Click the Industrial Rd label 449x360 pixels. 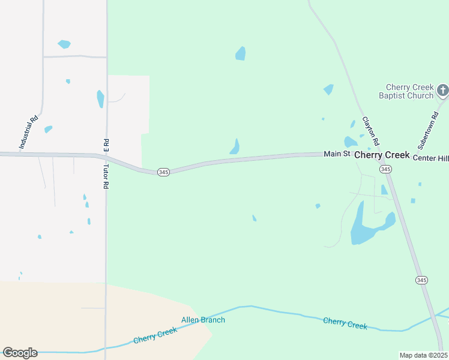tap(29, 132)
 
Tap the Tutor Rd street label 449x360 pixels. tap(106, 177)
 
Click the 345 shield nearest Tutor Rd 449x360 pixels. tap(164, 172)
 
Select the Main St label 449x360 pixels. tap(337, 154)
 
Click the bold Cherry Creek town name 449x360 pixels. tap(382, 155)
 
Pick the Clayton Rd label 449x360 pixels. tap(370, 131)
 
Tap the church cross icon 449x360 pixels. tap(443, 91)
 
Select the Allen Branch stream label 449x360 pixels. tap(203, 320)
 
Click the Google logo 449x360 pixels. tap(20, 352)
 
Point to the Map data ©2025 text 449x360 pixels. tap(423, 355)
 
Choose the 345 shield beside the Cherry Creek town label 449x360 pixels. tap(385, 170)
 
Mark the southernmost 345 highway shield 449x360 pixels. tap(421, 280)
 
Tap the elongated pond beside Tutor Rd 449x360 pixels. tap(100, 98)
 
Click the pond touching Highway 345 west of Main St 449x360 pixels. tap(235, 147)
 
